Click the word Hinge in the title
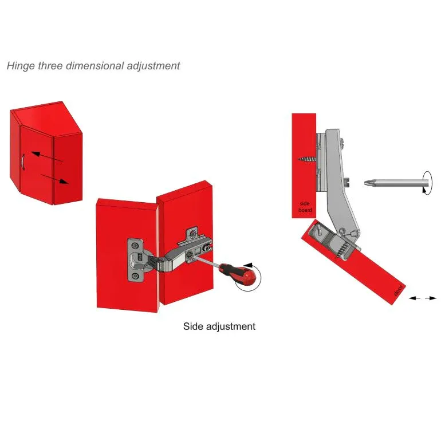click(21, 66)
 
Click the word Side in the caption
click(193, 326)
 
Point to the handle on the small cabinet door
click(23, 162)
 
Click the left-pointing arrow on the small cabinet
click(47, 157)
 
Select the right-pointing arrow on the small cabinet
click(54, 179)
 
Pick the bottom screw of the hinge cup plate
click(135, 275)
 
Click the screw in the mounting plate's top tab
click(192, 233)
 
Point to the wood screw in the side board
click(307, 159)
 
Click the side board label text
click(305, 207)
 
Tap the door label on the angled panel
click(398, 290)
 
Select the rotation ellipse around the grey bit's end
click(427, 183)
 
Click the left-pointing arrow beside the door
click(414, 298)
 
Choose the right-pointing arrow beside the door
click(431, 298)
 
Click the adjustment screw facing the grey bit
click(346, 182)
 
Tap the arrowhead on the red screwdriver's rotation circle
click(248, 265)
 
